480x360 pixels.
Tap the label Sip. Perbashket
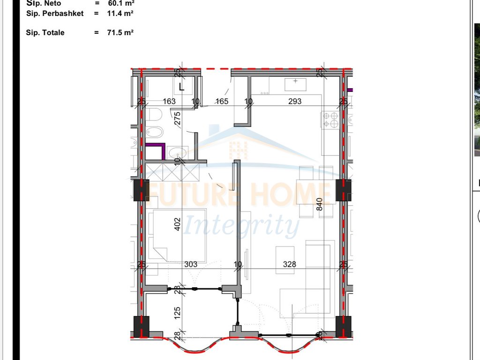(x=55, y=14)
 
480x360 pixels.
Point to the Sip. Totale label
(x=45, y=33)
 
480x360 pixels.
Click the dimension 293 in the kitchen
(x=295, y=101)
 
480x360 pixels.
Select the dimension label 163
(x=169, y=101)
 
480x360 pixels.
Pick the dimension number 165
(x=221, y=101)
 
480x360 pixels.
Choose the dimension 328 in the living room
(x=290, y=264)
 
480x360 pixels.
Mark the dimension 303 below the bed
(x=191, y=264)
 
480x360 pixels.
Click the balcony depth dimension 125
(x=177, y=313)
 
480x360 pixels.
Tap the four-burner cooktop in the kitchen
(x=330, y=120)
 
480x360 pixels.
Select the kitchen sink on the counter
(x=295, y=84)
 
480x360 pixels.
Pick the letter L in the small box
(x=182, y=86)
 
